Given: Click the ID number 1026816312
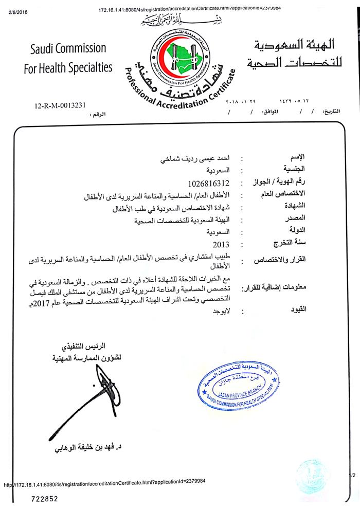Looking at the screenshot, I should coord(209,183).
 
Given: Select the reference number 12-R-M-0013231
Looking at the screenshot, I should coord(60,106).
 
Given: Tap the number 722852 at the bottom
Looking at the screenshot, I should coord(44,498).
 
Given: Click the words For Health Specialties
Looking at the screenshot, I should coord(68,67).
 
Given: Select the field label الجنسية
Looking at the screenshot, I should coord(296,170).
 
